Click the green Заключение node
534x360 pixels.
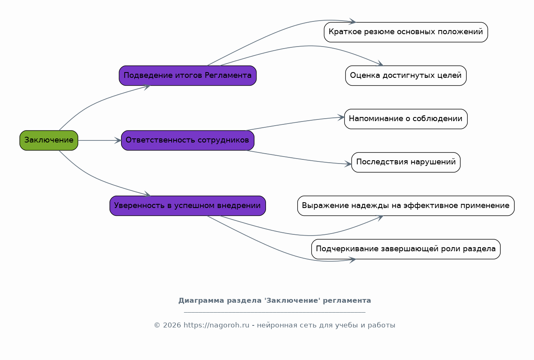[49, 140]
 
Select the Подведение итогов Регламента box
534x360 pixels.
[188, 76]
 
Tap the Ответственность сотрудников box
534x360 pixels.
[188, 140]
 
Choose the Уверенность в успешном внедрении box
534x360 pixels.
[188, 206]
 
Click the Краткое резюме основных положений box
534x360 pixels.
[406, 32]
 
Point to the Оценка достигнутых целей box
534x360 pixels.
[406, 76]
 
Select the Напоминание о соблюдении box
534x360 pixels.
[406, 119]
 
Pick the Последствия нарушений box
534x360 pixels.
[406, 162]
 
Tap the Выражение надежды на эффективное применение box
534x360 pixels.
[406, 206]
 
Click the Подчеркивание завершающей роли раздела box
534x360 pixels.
[406, 249]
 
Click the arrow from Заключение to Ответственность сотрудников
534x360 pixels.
[100, 140]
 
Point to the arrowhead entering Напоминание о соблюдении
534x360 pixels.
[341, 118]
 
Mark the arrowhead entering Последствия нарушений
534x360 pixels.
[348, 164]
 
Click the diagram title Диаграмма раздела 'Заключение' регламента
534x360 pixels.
[275, 301]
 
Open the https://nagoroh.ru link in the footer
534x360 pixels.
[217, 325]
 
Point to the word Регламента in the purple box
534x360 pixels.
[228, 76]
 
